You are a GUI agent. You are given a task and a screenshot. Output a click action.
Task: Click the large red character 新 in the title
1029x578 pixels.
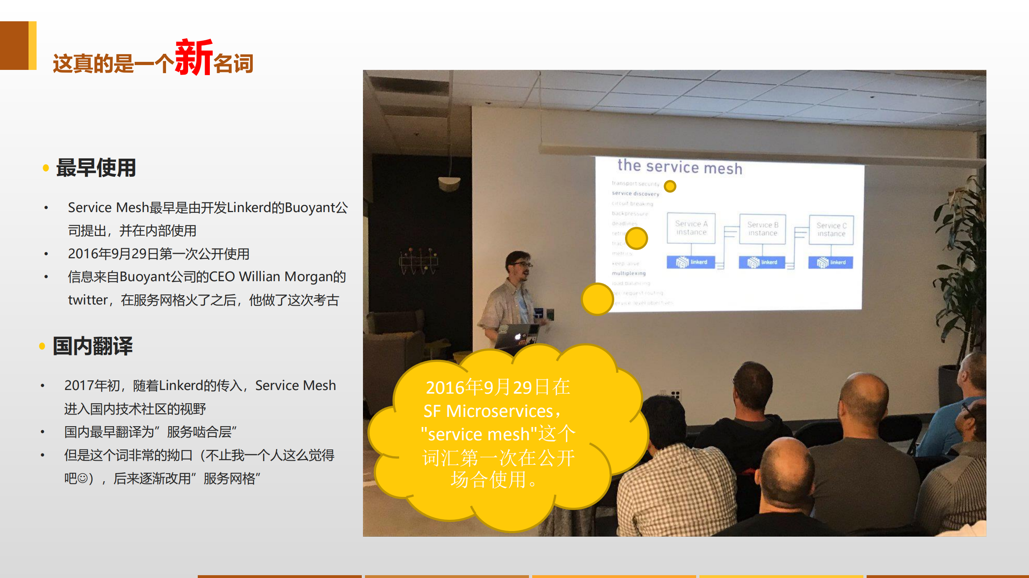pyautogui.click(x=194, y=57)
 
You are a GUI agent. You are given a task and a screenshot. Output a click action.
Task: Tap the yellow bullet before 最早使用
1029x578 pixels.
pyautogui.click(x=46, y=168)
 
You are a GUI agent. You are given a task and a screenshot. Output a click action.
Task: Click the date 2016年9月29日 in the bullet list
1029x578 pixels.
pyautogui.click(x=113, y=254)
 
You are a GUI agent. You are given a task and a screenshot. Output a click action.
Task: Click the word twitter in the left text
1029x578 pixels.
pyautogui.click(x=88, y=300)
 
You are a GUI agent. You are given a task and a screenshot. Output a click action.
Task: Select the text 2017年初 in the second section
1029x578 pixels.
pyautogui.click(x=92, y=386)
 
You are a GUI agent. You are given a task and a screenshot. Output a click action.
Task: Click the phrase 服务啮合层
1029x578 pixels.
pyautogui.click(x=199, y=432)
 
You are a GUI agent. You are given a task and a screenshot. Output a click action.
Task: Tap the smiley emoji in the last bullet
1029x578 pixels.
pyautogui.click(x=82, y=478)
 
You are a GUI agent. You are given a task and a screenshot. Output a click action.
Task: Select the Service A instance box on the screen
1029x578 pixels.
pyautogui.click(x=691, y=228)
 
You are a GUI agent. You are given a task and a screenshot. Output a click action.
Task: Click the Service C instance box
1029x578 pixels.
pyautogui.click(x=831, y=230)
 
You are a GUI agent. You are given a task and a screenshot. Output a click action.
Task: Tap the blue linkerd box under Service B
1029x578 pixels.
pyautogui.click(x=762, y=262)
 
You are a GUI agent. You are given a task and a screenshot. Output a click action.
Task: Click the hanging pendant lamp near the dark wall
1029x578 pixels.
pyautogui.click(x=449, y=183)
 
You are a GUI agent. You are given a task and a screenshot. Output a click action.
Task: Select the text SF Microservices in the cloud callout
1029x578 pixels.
pyautogui.click(x=488, y=411)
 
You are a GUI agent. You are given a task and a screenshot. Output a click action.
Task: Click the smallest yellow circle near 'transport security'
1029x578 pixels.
pyautogui.click(x=670, y=186)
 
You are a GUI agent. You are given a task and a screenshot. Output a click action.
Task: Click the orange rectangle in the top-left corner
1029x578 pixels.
pyautogui.click(x=14, y=45)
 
